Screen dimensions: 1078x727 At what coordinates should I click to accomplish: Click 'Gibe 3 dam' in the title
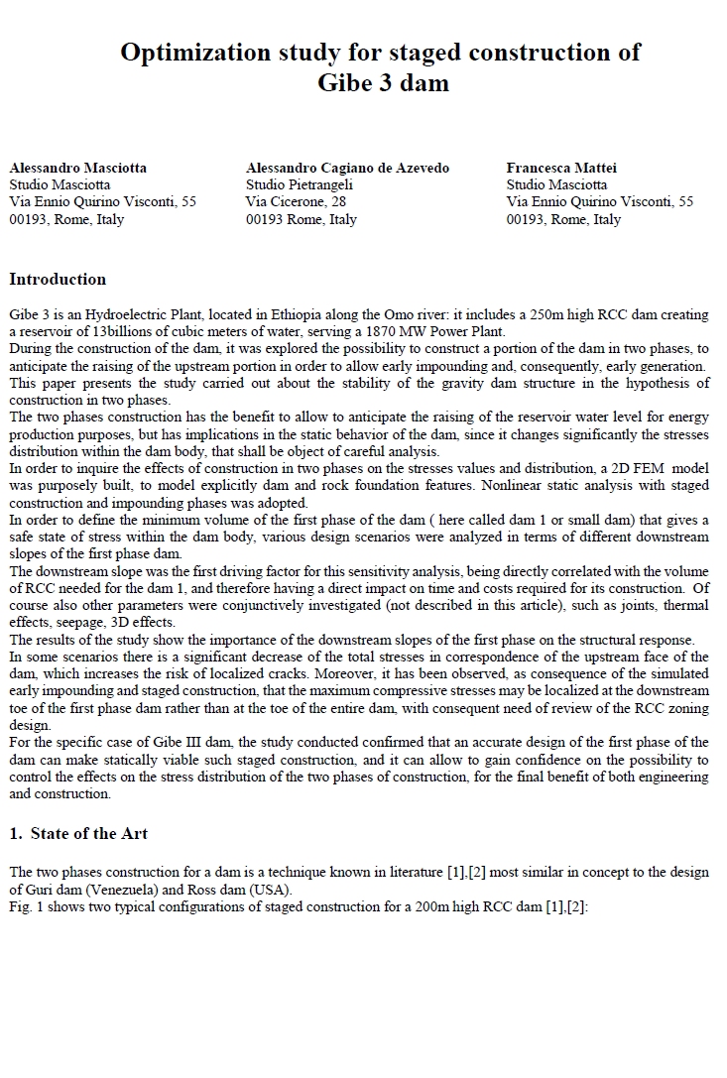tap(383, 83)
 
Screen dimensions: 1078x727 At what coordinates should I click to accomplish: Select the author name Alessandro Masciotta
tap(77, 168)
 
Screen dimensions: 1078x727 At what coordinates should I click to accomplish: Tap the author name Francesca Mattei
tap(561, 168)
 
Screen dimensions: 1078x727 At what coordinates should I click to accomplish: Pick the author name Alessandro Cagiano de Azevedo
tap(348, 168)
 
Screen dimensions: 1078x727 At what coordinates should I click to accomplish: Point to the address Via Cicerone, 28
tap(296, 201)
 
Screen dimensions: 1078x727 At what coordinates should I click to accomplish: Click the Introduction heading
tap(58, 279)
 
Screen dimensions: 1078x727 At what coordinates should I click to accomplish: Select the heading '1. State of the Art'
tap(78, 833)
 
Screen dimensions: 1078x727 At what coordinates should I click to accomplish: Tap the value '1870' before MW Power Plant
tap(389, 331)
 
